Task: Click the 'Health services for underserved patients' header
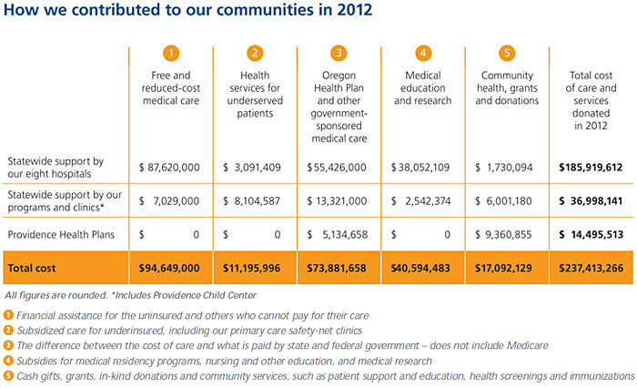pyautogui.click(x=256, y=95)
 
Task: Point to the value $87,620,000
pyautogui.click(x=174, y=168)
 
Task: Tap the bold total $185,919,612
pyautogui.click(x=591, y=168)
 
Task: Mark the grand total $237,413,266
pyautogui.click(x=591, y=268)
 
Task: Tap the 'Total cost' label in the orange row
pyautogui.click(x=34, y=268)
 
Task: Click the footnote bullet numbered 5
pyautogui.click(x=9, y=375)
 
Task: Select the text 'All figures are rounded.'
pyautogui.click(x=56, y=295)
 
